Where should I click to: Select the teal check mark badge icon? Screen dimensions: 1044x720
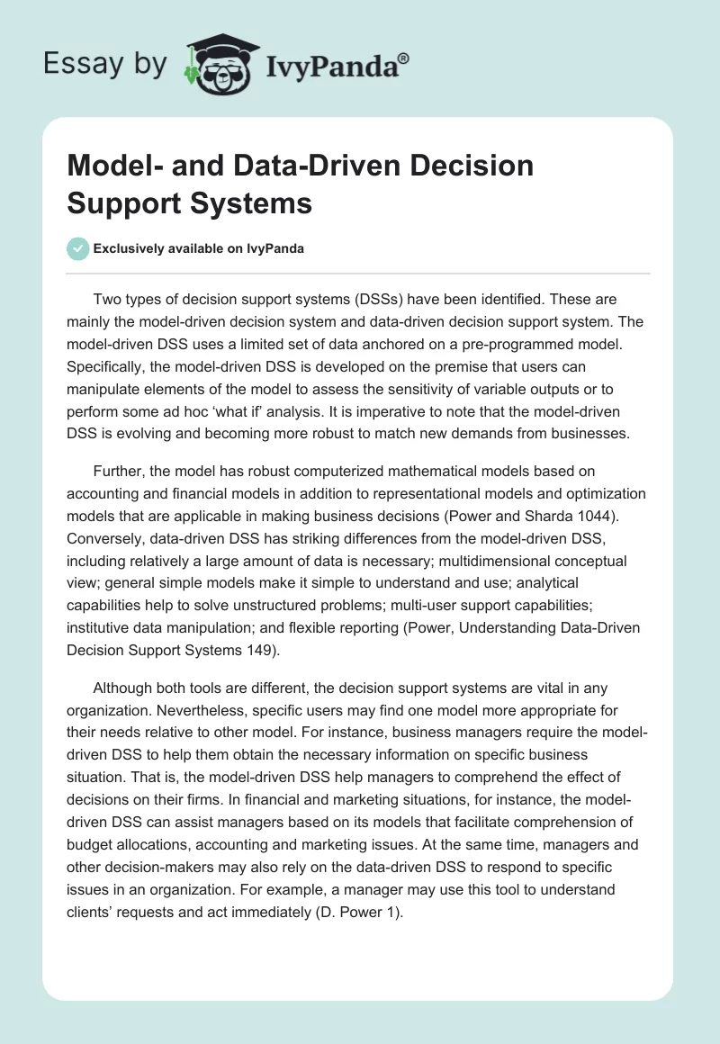[x=77, y=248]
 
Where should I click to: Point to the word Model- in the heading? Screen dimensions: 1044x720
[x=108, y=166]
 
